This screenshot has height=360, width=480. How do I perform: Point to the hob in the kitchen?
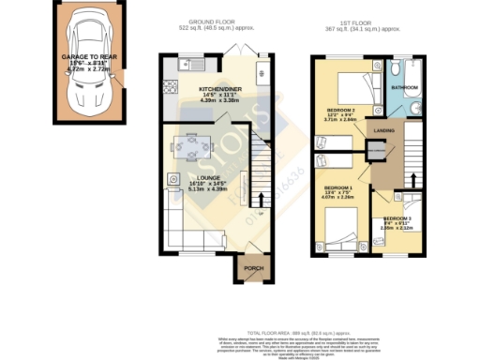[172, 85]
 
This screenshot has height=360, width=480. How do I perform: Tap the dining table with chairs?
[192, 146]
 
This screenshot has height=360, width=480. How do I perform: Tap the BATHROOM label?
[404, 86]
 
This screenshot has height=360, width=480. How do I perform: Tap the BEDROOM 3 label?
[397, 217]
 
